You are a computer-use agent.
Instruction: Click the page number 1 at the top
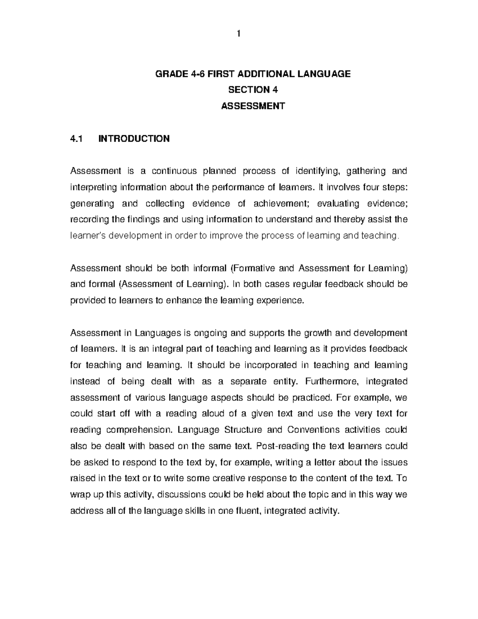(x=239, y=34)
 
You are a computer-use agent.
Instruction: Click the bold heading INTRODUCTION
(x=134, y=138)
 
